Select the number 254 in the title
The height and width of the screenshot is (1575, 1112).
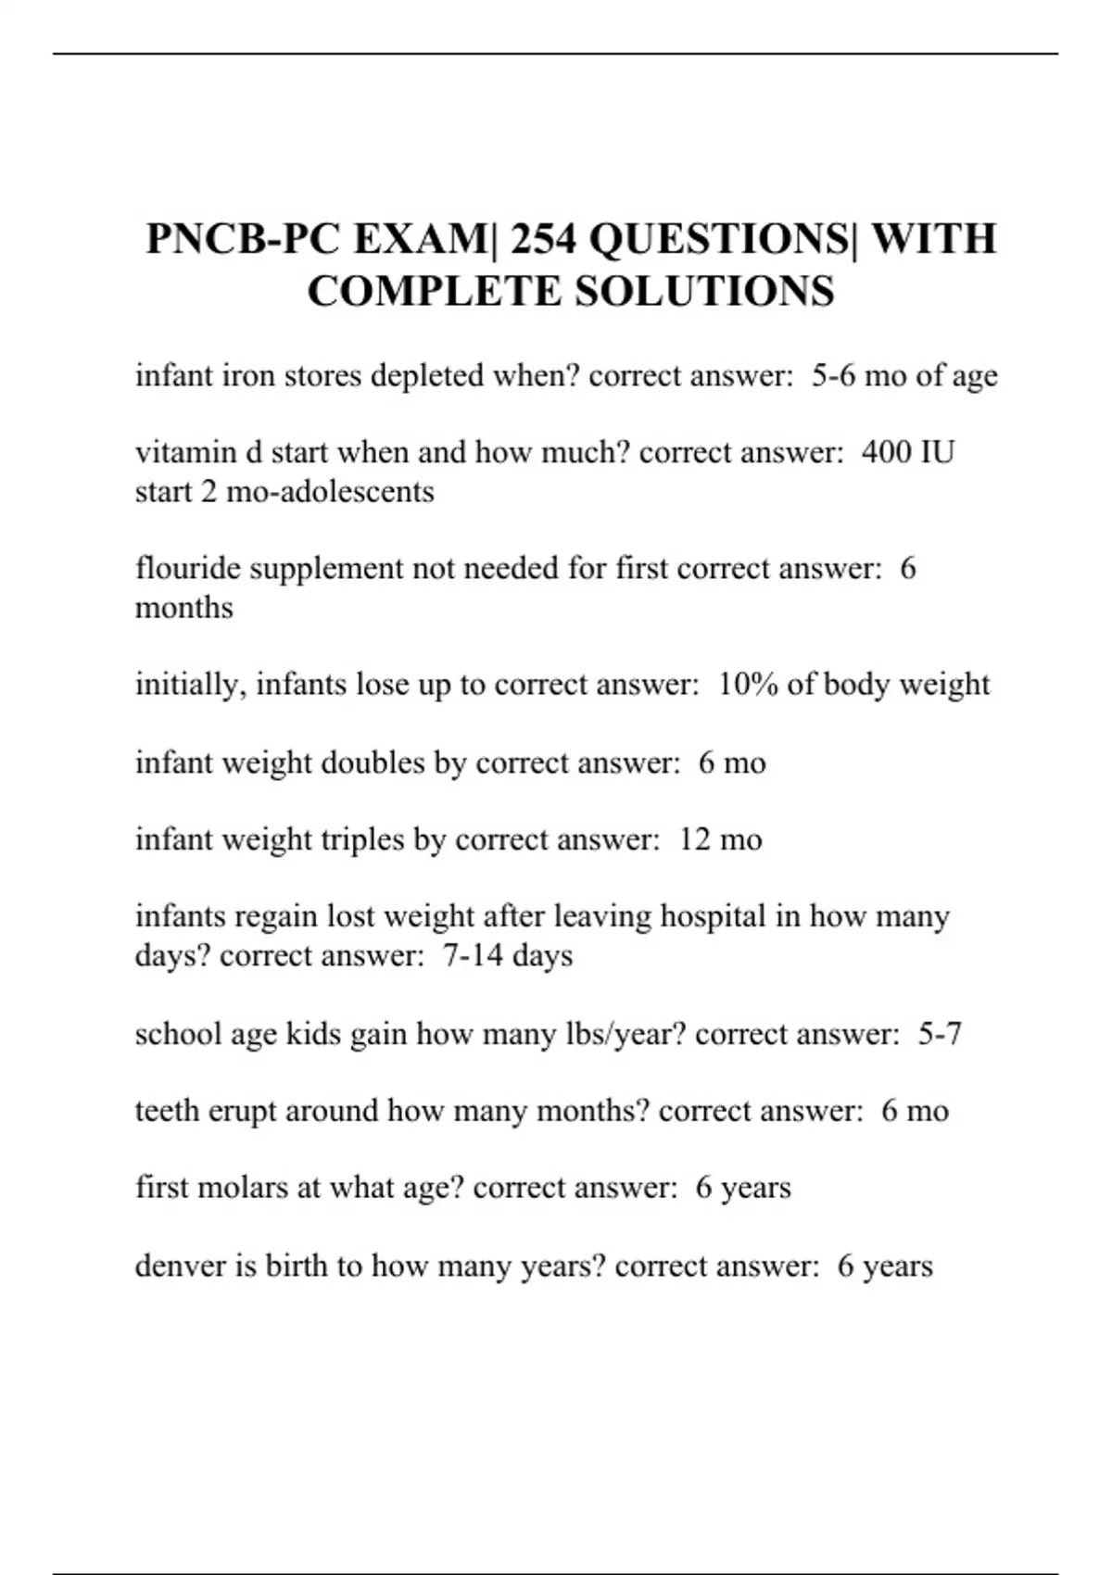pos(542,239)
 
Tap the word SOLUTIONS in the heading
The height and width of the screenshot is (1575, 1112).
pos(704,291)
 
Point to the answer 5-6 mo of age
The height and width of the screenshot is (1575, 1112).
pos(904,376)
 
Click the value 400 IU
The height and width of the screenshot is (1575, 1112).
pos(907,452)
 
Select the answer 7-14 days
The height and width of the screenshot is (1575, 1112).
pos(507,955)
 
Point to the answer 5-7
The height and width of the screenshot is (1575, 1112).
pos(940,1033)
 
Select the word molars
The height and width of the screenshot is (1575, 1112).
pos(245,1187)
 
